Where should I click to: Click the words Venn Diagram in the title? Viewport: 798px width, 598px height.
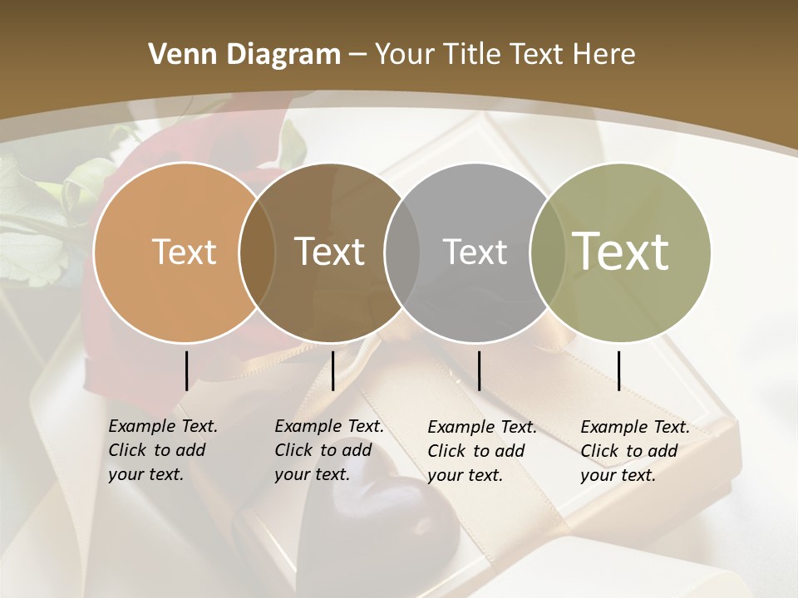click(244, 55)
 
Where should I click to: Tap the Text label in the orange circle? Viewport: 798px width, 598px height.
click(185, 252)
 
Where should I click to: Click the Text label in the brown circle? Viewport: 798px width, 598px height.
click(330, 252)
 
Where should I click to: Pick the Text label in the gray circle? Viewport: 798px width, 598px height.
click(475, 252)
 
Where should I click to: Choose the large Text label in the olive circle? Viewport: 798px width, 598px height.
click(621, 251)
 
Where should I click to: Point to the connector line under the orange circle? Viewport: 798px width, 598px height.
click(186, 370)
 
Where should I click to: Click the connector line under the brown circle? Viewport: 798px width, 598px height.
click(332, 370)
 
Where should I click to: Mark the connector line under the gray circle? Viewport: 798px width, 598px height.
click(479, 370)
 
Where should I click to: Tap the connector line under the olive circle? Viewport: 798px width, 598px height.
click(618, 370)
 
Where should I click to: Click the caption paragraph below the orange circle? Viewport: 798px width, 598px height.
click(162, 450)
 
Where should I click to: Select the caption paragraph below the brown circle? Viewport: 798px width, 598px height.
click(328, 450)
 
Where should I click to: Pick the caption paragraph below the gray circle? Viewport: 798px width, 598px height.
click(481, 451)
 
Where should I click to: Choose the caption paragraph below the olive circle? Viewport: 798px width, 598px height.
click(634, 451)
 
